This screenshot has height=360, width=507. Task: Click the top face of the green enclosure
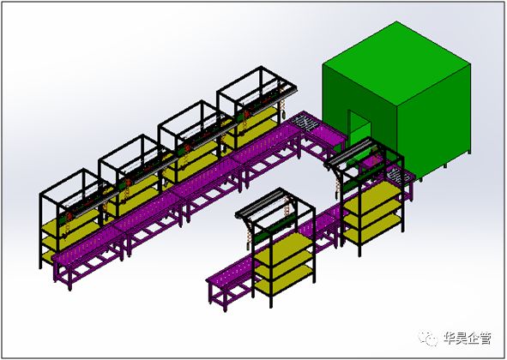[396, 63]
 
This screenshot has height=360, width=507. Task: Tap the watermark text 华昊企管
[468, 339]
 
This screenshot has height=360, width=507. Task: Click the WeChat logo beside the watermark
[427, 338]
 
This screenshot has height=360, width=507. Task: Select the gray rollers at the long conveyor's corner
[304, 123]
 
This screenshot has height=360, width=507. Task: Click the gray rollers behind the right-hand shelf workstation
[397, 176]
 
